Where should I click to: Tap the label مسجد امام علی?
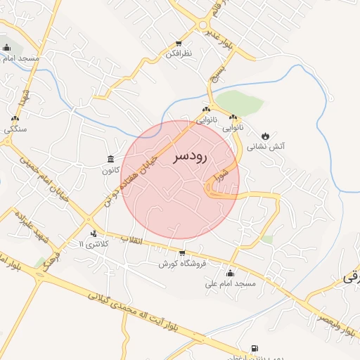click(x=229, y=284)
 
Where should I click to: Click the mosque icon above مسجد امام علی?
click(x=229, y=274)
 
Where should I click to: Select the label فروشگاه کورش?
click(x=181, y=264)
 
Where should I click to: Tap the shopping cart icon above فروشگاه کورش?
click(x=182, y=253)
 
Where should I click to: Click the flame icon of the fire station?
click(x=265, y=135)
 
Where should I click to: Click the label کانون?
click(x=110, y=169)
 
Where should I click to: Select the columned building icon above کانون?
click(x=110, y=159)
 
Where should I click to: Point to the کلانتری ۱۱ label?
click(x=93, y=244)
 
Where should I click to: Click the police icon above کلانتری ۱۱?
click(x=94, y=233)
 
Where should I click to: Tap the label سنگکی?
click(x=15, y=129)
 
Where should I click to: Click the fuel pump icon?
click(x=254, y=347)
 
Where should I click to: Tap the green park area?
click(x=239, y=103)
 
